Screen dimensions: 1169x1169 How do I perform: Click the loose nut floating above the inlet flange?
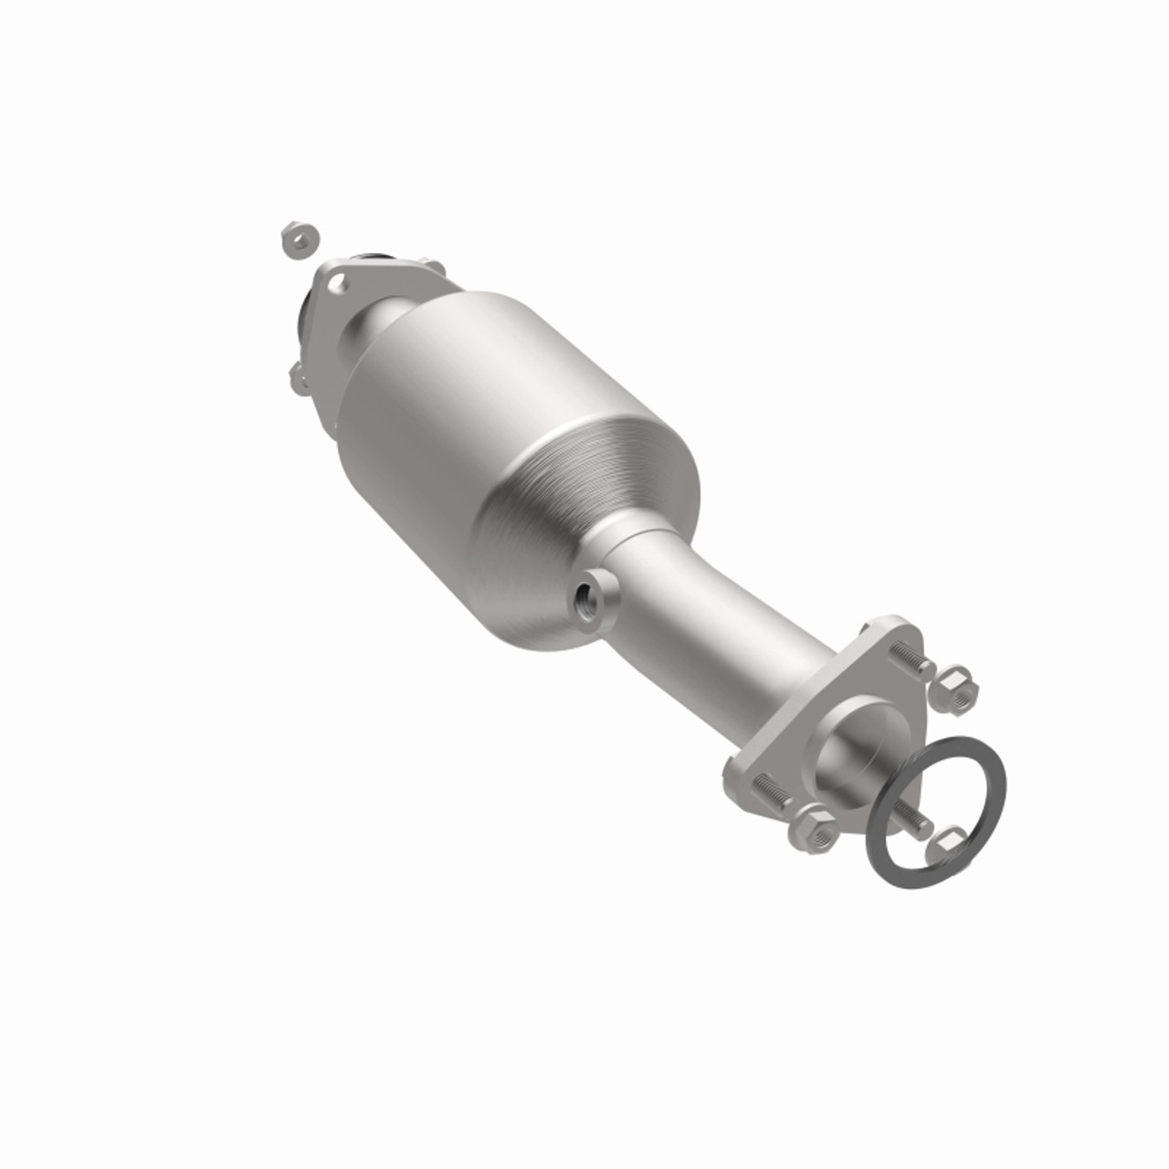click(x=299, y=239)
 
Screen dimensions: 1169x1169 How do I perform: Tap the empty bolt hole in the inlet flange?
click(x=337, y=283)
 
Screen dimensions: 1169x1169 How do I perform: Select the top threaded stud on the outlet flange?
click(x=908, y=660)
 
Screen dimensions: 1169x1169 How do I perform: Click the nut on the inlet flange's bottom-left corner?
click(x=299, y=377)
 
